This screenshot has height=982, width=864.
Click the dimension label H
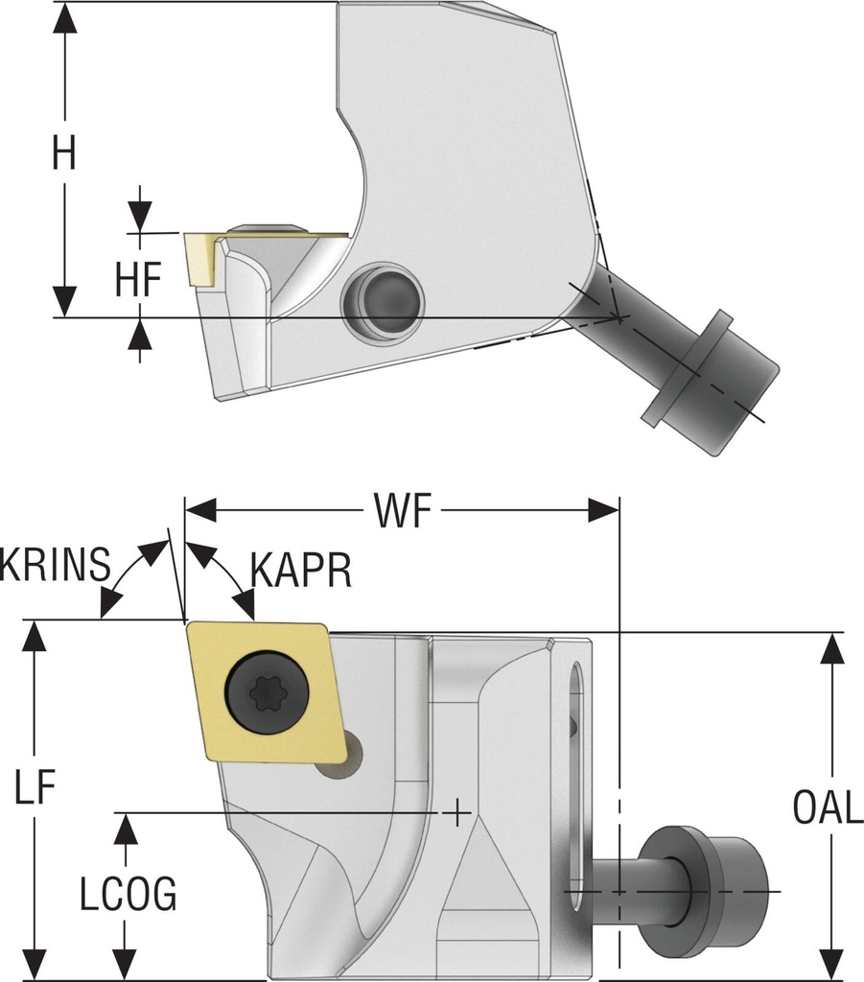64,153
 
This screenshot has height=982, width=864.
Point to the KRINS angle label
56,566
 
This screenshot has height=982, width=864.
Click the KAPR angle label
301,570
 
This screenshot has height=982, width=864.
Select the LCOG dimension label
127,894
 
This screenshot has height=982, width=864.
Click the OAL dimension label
828,808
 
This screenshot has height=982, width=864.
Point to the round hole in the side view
381,301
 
